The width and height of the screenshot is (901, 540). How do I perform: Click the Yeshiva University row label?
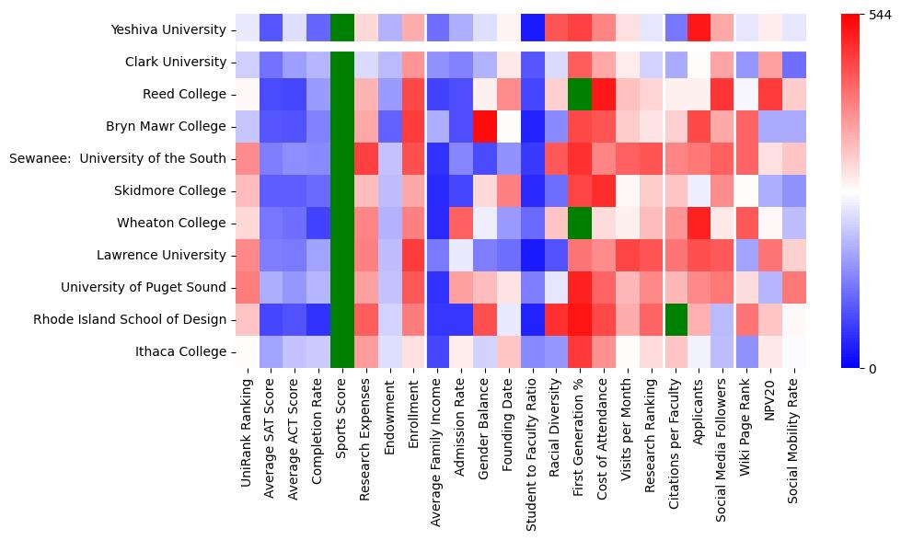coord(168,29)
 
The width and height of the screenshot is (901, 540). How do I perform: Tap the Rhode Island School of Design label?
coord(129,319)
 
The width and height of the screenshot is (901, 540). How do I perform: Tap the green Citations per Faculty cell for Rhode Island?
coord(677,319)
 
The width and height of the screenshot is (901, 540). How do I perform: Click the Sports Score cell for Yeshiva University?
coord(342,29)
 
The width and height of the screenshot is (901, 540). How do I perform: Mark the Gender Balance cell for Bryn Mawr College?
coord(486,126)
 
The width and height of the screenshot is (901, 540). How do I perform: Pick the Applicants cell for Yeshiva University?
coord(701,29)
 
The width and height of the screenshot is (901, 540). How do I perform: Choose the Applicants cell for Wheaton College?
coord(701,223)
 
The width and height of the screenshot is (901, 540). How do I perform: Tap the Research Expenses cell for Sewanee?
coord(366,158)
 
